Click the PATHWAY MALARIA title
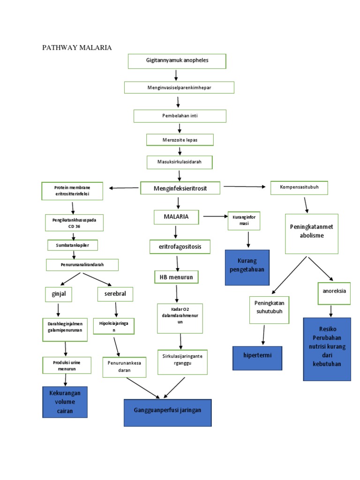77,47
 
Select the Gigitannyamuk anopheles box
177,61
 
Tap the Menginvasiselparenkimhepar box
179,88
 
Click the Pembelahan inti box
180,116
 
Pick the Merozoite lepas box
180,140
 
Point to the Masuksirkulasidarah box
179,162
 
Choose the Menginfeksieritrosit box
180,188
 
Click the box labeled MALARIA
176,217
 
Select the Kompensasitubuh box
299,187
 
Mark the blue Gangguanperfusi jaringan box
167,411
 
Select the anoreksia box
334,291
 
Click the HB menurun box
176,277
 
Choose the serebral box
115,294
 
